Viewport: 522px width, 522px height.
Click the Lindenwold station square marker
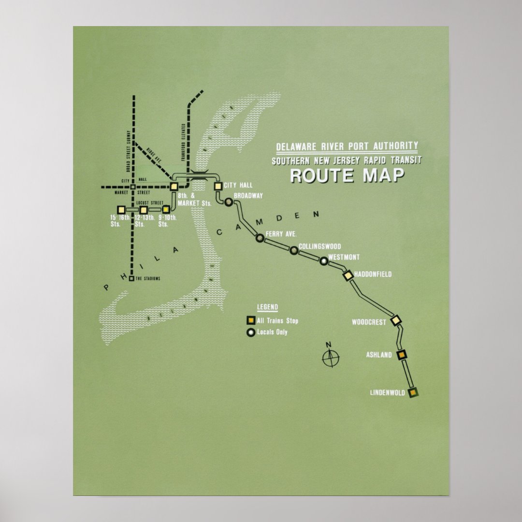tap(413, 392)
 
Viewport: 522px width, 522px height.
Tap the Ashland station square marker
tap(401, 355)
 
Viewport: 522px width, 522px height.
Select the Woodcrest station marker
tap(396, 320)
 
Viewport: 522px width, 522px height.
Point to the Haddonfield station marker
tap(348, 275)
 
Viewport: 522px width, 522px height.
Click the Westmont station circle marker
tap(324, 261)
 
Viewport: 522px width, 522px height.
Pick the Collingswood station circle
tap(294, 250)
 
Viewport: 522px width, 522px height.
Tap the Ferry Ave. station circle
tap(260, 237)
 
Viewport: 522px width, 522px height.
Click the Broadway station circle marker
tap(229, 202)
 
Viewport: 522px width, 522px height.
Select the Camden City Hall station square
tap(217, 186)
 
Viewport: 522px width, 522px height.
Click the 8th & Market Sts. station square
tap(174, 186)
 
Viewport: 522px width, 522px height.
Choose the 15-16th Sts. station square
tap(121, 210)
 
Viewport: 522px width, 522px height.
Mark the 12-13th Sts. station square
tap(144, 210)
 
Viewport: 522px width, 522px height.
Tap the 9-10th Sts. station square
tap(166, 210)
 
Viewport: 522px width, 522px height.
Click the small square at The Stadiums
tap(131, 278)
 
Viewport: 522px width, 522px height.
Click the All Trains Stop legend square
tap(251, 320)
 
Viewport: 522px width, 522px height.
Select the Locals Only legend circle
tap(251, 333)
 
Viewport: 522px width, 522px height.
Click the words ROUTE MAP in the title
tap(347, 175)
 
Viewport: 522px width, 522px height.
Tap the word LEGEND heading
tap(267, 307)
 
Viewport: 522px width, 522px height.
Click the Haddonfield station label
tap(373, 275)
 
